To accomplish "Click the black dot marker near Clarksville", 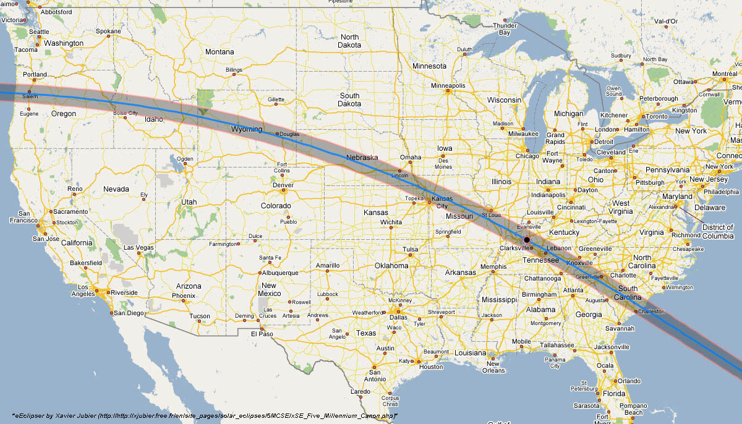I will pos(527,239).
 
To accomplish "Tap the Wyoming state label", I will pos(246,130).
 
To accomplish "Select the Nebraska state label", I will pos(362,158).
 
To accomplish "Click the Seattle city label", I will pos(39,32).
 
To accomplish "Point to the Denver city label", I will pos(283,185).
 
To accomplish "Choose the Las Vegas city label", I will pos(139,248).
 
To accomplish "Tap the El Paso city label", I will pos(262,334).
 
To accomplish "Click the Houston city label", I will pos(431,367).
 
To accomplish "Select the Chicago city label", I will pos(527,156).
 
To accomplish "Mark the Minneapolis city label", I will pos(448,85).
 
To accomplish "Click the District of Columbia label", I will pos(718,232).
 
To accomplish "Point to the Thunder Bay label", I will pos(505,28).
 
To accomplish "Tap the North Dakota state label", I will pos(349,41).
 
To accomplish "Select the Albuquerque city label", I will pos(281,273).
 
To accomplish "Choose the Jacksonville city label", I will pos(611,347).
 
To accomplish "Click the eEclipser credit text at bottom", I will pos(204,415).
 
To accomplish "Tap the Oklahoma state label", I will pos(391,266).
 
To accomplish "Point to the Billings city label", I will pos(234,70).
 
